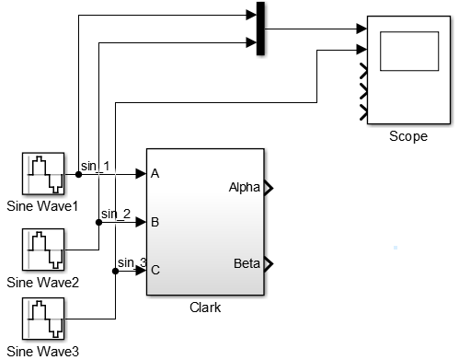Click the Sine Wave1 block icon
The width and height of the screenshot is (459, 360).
(42, 173)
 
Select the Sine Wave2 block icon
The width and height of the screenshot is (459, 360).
(42, 250)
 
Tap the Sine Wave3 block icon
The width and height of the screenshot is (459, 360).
(42, 319)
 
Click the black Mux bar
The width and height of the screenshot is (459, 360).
(260, 29)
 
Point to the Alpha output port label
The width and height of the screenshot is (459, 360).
(245, 188)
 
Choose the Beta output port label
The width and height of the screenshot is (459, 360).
(247, 264)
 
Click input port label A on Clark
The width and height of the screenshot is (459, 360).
(155, 173)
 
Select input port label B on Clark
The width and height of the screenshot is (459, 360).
(155, 222)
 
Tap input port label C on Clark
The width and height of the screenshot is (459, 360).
(155, 271)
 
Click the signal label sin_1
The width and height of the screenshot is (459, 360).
(95, 166)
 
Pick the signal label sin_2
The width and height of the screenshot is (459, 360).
(116, 214)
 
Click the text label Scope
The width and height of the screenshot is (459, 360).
(407, 136)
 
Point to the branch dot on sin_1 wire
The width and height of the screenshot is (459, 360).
(78, 173)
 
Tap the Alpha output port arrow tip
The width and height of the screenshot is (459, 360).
(269, 189)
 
